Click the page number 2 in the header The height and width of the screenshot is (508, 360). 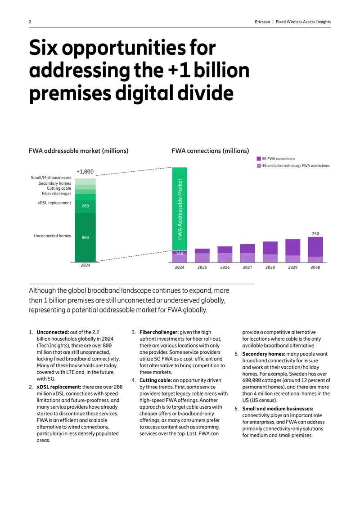point(30,22)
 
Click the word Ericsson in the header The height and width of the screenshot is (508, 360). point(262,22)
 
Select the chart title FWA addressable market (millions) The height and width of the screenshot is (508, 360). point(78,151)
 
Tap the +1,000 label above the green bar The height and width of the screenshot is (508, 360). point(85,172)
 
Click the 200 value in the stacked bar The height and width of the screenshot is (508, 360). point(85,206)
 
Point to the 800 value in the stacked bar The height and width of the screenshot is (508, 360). point(85,237)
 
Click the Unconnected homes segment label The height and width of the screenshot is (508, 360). point(52,236)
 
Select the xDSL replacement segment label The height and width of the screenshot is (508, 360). point(54,203)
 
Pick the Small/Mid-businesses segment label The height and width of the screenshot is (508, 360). point(51,178)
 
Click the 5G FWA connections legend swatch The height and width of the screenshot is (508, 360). point(259,159)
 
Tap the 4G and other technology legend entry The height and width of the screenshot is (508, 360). point(293,165)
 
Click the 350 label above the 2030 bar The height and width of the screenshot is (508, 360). point(315,234)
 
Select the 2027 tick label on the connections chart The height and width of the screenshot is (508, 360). point(247,267)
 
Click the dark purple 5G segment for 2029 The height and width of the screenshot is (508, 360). point(293,248)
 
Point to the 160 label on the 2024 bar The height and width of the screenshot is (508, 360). point(180,254)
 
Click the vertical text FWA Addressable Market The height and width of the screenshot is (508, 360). point(180,209)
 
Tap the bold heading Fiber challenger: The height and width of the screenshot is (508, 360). point(159,332)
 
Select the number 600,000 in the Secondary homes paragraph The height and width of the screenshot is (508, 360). point(252,380)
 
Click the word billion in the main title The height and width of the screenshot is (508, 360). point(222,71)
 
